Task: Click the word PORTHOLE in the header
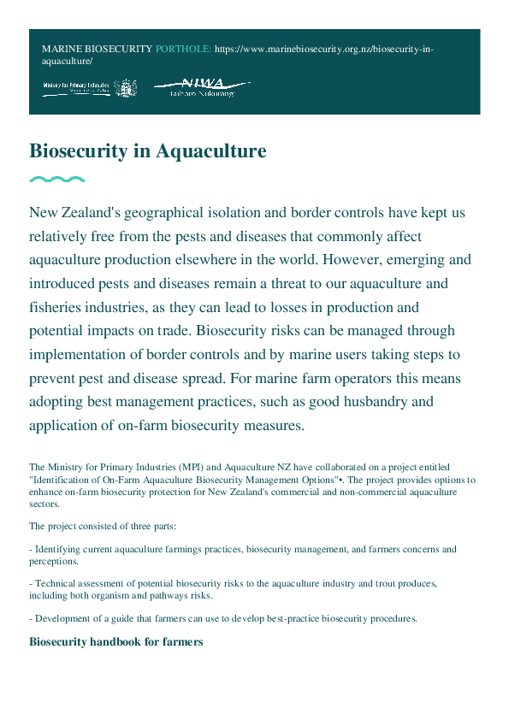[183, 50]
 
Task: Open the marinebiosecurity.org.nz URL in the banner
[323, 50]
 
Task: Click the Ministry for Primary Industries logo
[89, 87]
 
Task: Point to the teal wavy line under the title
[56, 180]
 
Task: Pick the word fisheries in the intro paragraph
[59, 306]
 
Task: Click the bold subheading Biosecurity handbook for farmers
[115, 641]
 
